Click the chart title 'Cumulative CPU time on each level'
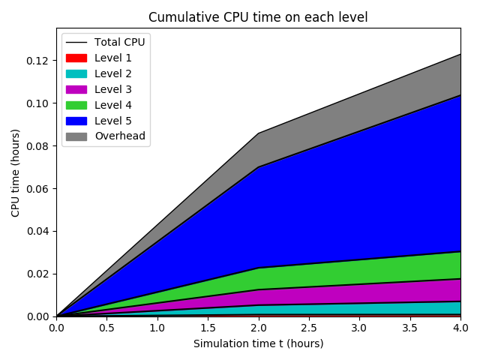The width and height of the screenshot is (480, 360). tap(258, 17)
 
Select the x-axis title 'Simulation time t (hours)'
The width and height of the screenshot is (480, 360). tap(258, 343)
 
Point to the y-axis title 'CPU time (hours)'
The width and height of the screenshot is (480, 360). tap(16, 172)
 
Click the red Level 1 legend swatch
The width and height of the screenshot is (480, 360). tap(76, 58)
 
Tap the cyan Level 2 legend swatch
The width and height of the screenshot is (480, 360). tap(76, 73)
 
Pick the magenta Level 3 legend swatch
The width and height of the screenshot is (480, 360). tap(76, 89)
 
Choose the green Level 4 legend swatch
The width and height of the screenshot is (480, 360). tap(76, 105)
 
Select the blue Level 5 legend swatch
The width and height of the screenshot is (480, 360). tap(76, 121)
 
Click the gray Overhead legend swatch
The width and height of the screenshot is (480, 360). tap(76, 136)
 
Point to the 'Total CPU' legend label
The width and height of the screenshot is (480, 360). tap(119, 42)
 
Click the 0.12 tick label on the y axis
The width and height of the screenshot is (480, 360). tap(37, 61)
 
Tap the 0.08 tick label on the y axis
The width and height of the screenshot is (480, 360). tap(37, 145)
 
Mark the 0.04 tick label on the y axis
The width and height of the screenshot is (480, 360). tap(37, 231)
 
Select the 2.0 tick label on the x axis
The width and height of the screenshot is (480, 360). tap(258, 328)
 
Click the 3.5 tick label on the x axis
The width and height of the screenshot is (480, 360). tap(409, 328)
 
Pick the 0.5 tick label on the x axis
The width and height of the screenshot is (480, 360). tap(106, 328)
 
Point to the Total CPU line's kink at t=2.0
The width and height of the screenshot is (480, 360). tap(258, 133)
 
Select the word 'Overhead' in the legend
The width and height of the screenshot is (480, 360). tap(120, 136)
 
